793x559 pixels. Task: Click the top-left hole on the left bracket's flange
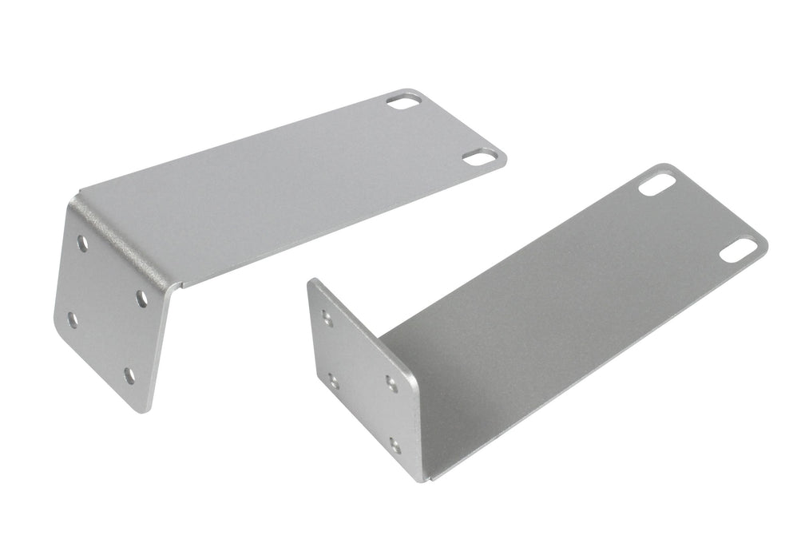pyautogui.click(x=83, y=241)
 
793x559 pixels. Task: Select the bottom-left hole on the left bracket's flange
pyautogui.click(x=73, y=320)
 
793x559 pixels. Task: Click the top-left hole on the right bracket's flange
pyautogui.click(x=327, y=316)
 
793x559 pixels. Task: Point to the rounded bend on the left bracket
pyautogui.click(x=128, y=240)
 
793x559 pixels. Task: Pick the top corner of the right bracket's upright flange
pyautogui.click(x=313, y=281)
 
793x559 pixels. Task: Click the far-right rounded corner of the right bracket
pyautogui.click(x=765, y=240)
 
